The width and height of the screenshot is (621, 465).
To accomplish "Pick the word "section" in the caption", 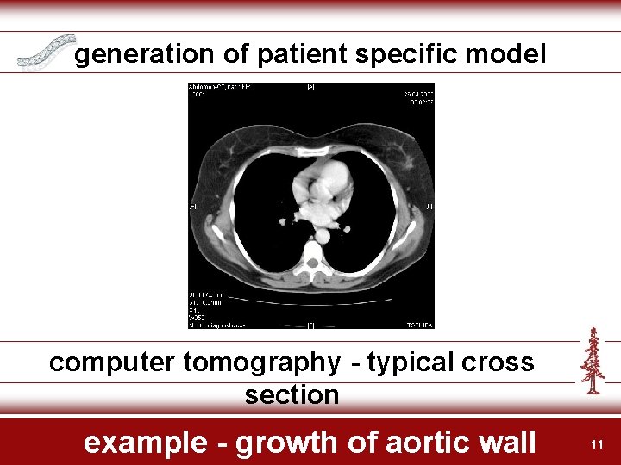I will [292, 395].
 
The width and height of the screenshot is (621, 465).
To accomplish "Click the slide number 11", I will [596, 444].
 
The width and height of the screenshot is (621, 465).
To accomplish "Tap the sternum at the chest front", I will [311, 152].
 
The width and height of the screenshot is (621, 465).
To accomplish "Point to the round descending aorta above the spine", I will [323, 234].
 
